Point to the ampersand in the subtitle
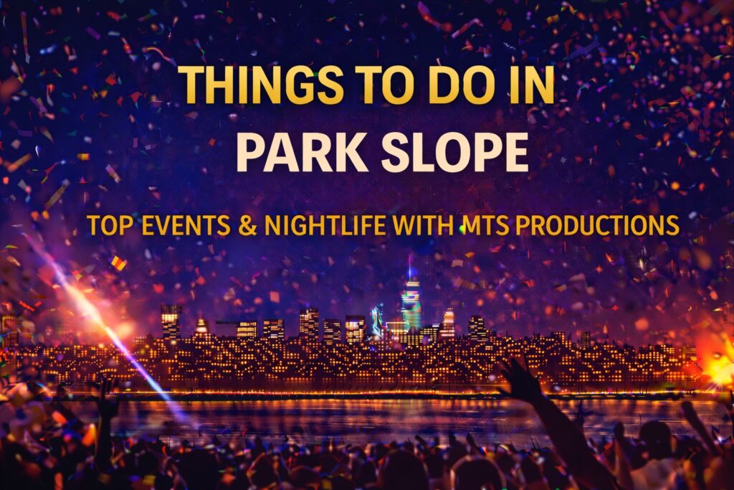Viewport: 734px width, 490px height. click(x=247, y=225)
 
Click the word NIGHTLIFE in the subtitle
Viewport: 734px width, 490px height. click(x=325, y=225)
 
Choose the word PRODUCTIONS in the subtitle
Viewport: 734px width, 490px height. click(x=597, y=225)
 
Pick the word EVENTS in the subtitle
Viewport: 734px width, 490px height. click(x=186, y=225)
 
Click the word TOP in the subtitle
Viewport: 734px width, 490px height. click(x=110, y=225)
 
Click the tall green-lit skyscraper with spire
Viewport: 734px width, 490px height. click(x=411, y=300)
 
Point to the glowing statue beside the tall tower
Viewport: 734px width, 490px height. click(x=377, y=319)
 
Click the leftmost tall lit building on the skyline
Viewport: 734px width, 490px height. click(x=171, y=322)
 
